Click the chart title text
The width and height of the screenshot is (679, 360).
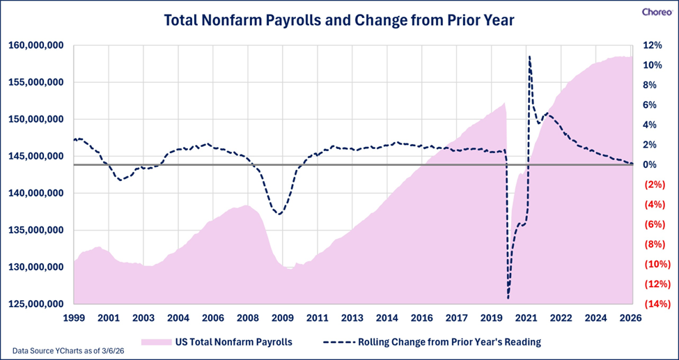pyautogui.click(x=338, y=20)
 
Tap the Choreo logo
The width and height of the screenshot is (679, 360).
pyautogui.click(x=655, y=12)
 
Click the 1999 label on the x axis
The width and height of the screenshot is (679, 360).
pyautogui.click(x=74, y=318)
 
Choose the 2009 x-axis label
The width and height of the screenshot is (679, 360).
pyautogui.click(x=283, y=318)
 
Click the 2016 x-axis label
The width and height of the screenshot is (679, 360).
pyautogui.click(x=422, y=318)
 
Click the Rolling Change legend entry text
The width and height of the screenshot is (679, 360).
pyautogui.click(x=448, y=342)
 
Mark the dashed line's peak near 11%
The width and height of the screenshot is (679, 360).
pyautogui.click(x=529, y=57)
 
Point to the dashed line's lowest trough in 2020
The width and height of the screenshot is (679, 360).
pyautogui.click(x=508, y=298)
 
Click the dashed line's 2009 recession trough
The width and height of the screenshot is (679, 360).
pyautogui.click(x=279, y=214)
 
